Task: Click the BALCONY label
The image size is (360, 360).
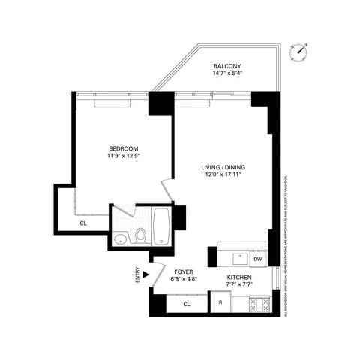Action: tap(227, 65)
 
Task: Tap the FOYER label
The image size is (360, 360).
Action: tap(184, 271)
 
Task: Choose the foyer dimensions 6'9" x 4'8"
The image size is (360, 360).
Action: tap(184, 280)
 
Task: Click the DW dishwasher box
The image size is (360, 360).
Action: tap(257, 259)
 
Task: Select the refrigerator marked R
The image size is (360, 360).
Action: tap(220, 304)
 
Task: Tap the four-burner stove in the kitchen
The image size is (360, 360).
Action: tap(259, 304)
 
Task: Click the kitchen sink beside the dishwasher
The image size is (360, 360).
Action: tap(238, 258)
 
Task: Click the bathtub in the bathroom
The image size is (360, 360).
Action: tap(162, 227)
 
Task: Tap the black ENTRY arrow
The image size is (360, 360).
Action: tap(146, 275)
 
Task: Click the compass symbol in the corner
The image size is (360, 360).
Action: tap(302, 51)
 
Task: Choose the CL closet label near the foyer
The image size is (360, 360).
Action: tap(187, 304)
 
